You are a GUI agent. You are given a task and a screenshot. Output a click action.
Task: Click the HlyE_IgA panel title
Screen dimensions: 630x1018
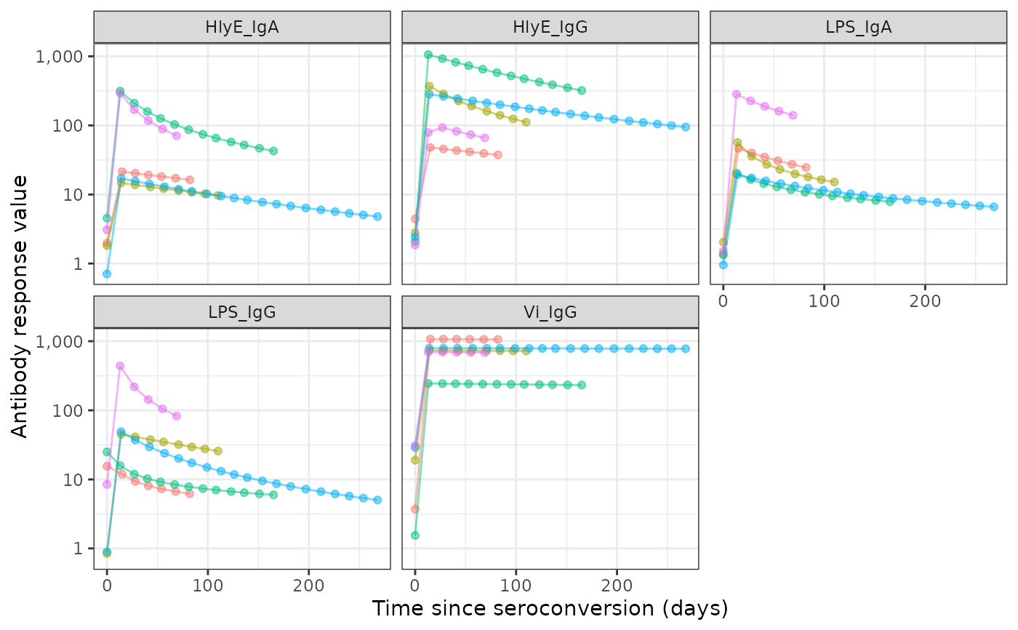coord(242,28)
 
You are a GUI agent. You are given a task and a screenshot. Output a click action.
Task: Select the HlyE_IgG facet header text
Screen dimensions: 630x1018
coord(550,28)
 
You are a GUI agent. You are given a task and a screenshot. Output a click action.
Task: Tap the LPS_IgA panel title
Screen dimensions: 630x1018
coord(858,28)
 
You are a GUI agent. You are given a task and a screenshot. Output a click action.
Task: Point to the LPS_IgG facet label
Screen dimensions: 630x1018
coord(242,312)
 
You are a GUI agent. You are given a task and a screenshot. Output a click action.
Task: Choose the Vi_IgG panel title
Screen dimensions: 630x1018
coord(550,312)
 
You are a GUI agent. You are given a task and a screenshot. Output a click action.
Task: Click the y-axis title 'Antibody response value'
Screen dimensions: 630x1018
coord(20,306)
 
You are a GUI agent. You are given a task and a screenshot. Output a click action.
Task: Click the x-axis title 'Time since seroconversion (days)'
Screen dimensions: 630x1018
coord(550,608)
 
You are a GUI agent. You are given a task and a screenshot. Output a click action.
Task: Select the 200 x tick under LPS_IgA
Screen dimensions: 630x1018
coord(924,299)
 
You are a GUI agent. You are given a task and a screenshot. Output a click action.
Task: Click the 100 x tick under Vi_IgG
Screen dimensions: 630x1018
coord(516,583)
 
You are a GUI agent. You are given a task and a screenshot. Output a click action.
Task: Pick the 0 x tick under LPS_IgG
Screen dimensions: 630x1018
coord(107,583)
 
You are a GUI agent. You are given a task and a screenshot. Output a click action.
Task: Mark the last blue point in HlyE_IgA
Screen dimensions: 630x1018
coord(377,216)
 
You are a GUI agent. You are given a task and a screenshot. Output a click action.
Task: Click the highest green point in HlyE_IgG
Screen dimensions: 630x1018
coord(428,55)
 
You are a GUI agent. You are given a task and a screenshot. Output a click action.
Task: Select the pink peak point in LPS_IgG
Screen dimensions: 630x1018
coord(120,366)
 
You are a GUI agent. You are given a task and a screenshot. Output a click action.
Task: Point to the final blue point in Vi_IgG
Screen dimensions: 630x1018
coord(685,348)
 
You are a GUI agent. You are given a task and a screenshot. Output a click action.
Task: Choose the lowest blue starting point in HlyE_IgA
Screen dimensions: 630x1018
coord(107,274)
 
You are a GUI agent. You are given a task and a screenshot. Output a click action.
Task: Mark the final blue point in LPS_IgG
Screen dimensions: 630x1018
coord(377,500)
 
